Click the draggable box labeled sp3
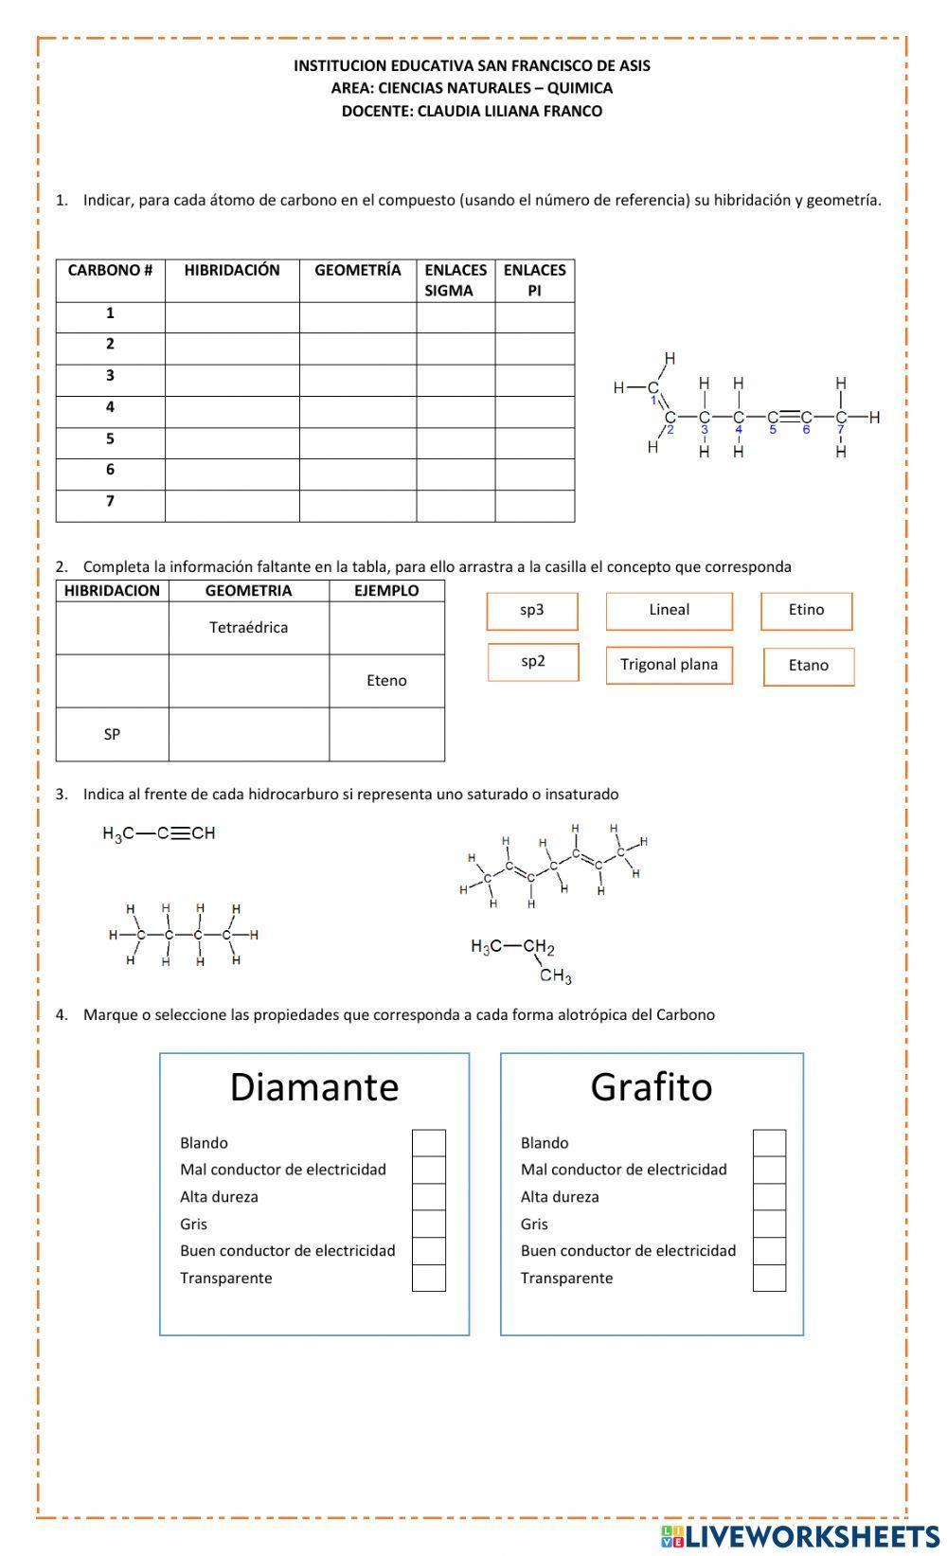[x=532, y=611]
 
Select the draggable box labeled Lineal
[x=669, y=611]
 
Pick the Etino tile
[x=806, y=611]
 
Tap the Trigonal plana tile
[x=669, y=665]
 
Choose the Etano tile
[x=808, y=666]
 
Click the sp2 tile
[x=533, y=662]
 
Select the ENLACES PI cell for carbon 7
[x=534, y=506]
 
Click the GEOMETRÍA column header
[x=357, y=271]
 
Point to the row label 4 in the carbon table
[x=110, y=407]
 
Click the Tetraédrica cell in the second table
[x=248, y=628]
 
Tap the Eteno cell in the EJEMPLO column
[x=386, y=681]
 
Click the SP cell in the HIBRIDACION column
[x=112, y=735]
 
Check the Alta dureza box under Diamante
[x=428, y=1197]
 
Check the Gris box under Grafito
[x=769, y=1225]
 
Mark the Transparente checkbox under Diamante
[x=428, y=1279]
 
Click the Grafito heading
[x=651, y=1087]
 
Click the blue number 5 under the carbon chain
[x=773, y=429]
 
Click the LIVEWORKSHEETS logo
[x=800, y=1535]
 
